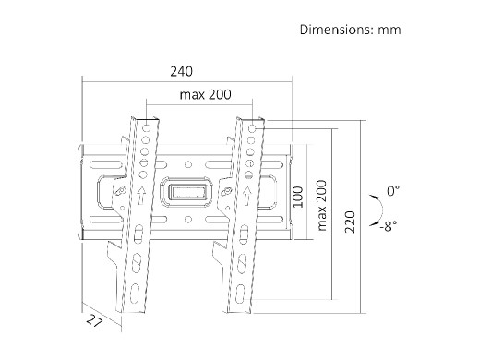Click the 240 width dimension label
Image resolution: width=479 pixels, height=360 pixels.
click(x=182, y=72)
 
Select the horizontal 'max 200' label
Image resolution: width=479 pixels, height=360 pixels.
click(x=205, y=94)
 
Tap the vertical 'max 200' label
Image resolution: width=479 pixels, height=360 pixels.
click(x=321, y=205)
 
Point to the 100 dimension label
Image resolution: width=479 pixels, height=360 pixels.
click(x=297, y=197)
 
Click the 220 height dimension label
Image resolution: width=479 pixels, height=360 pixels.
click(x=350, y=222)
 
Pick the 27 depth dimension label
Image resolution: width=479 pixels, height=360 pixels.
click(x=94, y=321)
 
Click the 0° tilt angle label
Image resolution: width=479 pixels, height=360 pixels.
click(x=393, y=191)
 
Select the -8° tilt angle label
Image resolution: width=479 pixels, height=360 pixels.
click(x=389, y=226)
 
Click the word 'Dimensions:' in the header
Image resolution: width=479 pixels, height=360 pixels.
click(x=337, y=30)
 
